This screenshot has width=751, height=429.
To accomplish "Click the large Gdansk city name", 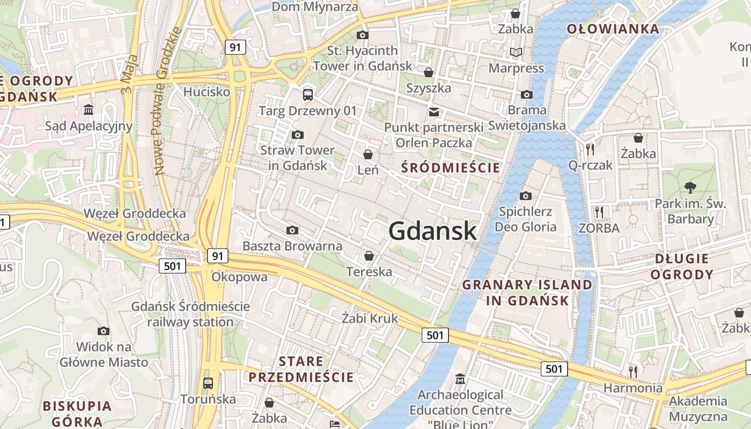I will click(x=432, y=231).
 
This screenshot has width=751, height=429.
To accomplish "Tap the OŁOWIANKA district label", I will click(x=613, y=29).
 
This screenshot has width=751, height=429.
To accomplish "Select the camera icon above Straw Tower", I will click(x=297, y=135).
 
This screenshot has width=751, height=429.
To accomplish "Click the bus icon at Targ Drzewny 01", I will click(x=308, y=95).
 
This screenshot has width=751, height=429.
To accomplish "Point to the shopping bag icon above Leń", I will click(x=368, y=154).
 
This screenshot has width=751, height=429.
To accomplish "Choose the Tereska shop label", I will click(x=369, y=272).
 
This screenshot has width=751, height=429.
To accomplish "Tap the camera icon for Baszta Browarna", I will click(x=292, y=230).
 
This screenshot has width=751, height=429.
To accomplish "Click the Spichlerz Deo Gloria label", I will click(x=525, y=219).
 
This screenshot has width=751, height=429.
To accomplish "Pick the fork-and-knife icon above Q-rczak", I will click(x=590, y=149).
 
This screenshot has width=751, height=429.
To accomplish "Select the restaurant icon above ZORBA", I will click(x=599, y=212).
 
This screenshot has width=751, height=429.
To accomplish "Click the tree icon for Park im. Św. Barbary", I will click(x=690, y=188).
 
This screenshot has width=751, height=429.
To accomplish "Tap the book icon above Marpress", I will click(x=516, y=52).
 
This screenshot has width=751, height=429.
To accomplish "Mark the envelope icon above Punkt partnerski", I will click(x=433, y=112).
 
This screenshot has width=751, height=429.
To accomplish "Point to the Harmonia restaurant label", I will click(x=633, y=388).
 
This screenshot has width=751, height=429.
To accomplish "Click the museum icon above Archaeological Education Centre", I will click(x=460, y=379).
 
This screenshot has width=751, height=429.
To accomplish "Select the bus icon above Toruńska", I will click(x=208, y=383).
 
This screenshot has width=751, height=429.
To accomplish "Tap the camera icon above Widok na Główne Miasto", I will click(x=104, y=331).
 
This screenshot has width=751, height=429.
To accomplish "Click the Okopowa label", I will click(x=239, y=277).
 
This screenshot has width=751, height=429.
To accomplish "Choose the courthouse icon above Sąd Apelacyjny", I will click(x=89, y=110).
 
